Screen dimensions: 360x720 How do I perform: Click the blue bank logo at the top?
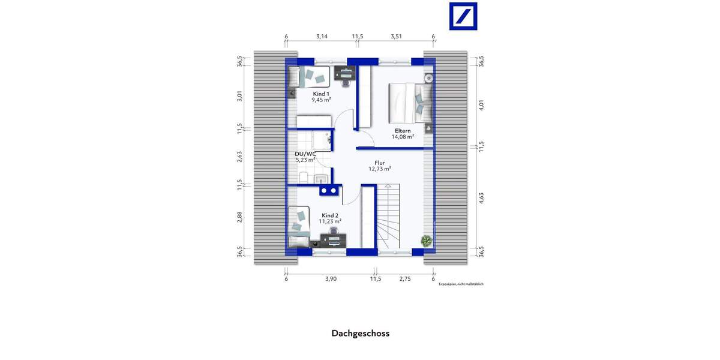click(x=464, y=16)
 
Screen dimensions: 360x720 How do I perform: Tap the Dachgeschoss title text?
click(x=360, y=333)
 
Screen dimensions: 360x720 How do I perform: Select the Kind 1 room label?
click(x=321, y=94)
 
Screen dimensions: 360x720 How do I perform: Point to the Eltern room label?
click(x=403, y=131)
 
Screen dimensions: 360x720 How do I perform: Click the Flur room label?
click(x=379, y=163)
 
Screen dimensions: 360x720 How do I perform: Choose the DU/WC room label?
click(x=305, y=154)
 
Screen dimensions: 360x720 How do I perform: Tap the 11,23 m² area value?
click(x=331, y=221)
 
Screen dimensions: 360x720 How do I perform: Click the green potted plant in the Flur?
click(x=427, y=241)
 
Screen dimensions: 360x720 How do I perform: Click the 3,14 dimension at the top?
click(x=322, y=37)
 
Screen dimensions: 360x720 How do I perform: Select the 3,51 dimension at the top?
click(x=396, y=37)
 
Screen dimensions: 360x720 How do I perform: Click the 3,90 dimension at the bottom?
click(x=331, y=279)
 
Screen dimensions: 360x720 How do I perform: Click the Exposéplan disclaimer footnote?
click(x=461, y=284)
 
